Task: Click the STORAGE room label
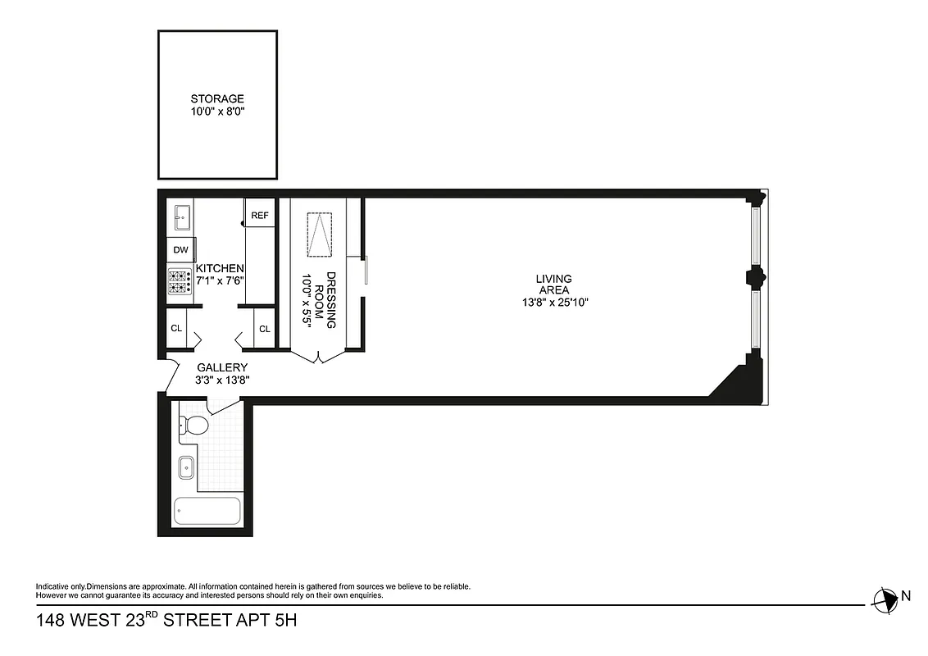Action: pos(217,99)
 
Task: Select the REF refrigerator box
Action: pos(260,216)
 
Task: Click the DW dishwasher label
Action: pos(180,250)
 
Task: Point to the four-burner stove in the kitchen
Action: pos(180,281)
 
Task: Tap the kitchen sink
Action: pos(181,219)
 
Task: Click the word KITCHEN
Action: pos(219,269)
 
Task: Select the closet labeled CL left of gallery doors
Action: pos(176,329)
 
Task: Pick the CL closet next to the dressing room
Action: pos(265,329)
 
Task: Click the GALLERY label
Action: pos(222,368)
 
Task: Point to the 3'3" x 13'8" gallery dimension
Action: pos(222,380)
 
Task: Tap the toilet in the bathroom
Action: pos(193,424)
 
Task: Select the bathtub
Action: pos(208,512)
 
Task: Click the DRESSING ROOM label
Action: pos(325,300)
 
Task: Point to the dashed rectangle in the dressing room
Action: pos(320,235)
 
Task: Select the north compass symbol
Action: pos(884,599)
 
